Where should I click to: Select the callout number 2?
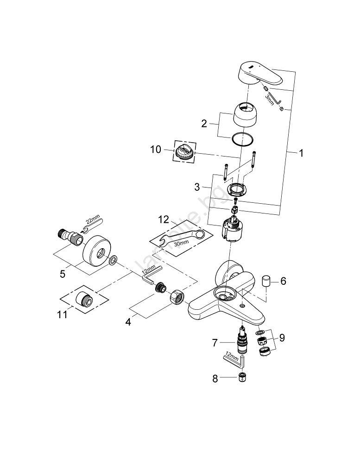[204, 124]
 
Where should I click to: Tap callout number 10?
[156, 150]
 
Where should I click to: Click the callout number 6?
[283, 281]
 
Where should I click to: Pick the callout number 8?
[215, 378]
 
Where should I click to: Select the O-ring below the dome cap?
[243, 139]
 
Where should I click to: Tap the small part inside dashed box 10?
[184, 151]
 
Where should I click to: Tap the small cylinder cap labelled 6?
[266, 281]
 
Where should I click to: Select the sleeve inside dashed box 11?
[84, 300]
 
